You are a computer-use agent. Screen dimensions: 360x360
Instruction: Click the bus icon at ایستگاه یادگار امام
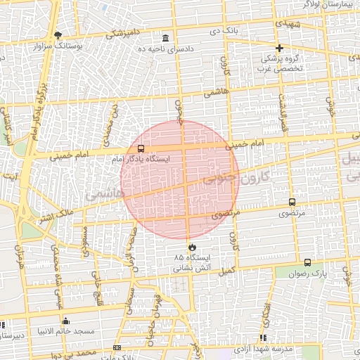[x=141, y=149]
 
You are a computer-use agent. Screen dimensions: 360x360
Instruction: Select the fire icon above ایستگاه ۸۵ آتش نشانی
[x=193, y=247]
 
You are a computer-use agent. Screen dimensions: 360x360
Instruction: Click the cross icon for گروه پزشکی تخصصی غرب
[x=280, y=49]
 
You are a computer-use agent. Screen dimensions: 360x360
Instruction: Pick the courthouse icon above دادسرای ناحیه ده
[x=165, y=38]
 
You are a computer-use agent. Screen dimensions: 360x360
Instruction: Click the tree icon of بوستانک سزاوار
[x=58, y=34]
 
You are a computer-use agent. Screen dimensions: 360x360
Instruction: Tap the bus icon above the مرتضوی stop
[x=292, y=202]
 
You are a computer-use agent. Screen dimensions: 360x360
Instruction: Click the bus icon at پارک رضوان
[x=307, y=262]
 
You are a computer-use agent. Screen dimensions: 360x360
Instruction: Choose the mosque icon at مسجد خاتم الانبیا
[x=67, y=321]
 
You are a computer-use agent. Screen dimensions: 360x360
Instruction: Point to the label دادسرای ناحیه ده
[x=165, y=49]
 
